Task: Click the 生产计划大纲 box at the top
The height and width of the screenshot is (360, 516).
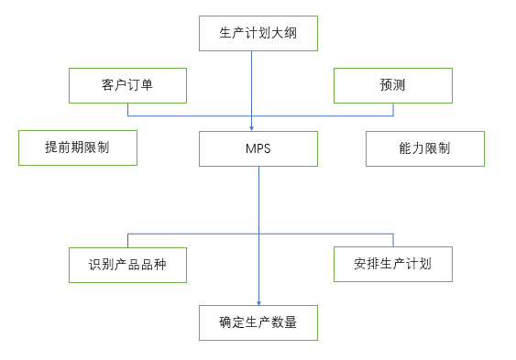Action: [x=258, y=33]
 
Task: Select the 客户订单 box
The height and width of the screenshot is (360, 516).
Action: [x=128, y=85]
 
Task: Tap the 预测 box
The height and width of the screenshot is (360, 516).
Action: [x=392, y=85]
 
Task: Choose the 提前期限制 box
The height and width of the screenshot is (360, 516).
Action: [x=78, y=147]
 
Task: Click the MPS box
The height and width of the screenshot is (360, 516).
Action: [x=258, y=148]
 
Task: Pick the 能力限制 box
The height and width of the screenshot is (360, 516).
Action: [x=424, y=148]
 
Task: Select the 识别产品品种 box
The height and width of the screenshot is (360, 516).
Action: [x=128, y=265]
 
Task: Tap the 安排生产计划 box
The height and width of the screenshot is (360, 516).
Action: [x=392, y=265]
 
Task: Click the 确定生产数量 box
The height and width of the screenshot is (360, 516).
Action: [x=258, y=322]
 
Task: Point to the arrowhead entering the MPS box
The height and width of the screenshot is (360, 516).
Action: [x=252, y=127]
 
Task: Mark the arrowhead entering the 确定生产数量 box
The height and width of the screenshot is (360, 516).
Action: [x=258, y=301]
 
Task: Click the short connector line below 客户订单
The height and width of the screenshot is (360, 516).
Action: [x=128, y=109]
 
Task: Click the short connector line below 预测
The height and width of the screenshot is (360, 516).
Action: [x=392, y=109]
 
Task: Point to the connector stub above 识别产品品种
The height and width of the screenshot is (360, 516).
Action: [x=128, y=240]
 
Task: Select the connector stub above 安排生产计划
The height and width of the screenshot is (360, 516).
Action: [x=392, y=240]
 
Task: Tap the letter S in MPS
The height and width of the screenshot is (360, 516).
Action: [x=267, y=148]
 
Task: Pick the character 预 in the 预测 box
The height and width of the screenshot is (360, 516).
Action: [x=386, y=85]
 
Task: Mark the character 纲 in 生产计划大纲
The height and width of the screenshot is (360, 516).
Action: [x=291, y=33]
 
